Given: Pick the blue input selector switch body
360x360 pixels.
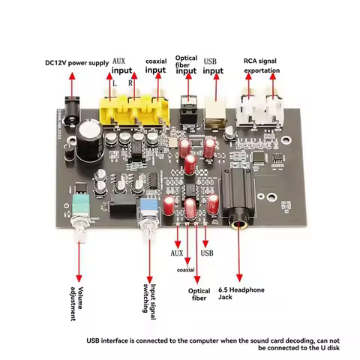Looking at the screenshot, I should (x=148, y=205).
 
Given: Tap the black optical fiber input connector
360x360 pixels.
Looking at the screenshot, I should (x=187, y=112).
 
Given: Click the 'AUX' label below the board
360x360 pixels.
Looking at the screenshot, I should (x=177, y=253).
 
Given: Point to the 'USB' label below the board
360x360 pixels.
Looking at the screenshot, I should (x=208, y=253).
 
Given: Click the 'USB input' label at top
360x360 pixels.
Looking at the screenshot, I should (x=213, y=65).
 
